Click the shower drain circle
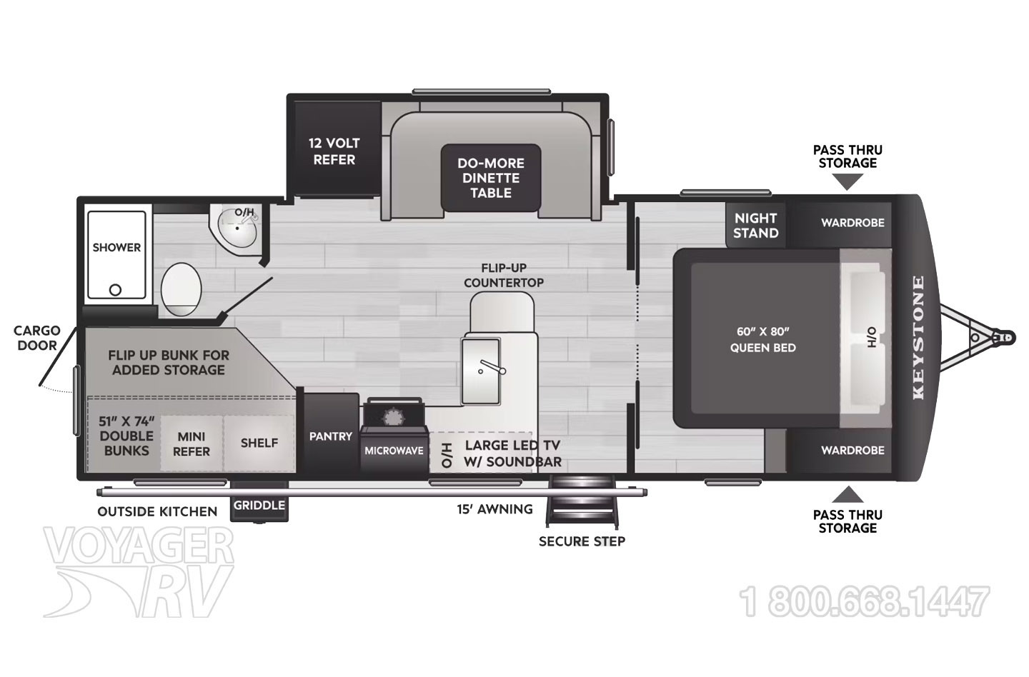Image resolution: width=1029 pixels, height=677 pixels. point(115,290)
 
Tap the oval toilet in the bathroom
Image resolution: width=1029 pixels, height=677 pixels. point(181,289)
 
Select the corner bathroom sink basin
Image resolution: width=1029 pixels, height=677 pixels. point(238,228)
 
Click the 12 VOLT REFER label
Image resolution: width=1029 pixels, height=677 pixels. point(334,151)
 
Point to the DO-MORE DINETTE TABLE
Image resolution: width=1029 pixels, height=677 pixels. point(491,178)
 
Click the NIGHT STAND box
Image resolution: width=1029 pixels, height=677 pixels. point(756,226)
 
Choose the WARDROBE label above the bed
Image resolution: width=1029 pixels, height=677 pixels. point(852,223)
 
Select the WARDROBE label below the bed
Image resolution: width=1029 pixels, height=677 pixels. point(852,451)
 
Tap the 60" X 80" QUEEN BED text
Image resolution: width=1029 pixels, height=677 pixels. point(763,340)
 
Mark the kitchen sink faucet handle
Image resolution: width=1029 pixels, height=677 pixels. point(493,366)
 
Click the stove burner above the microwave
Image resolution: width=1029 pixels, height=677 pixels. point(393,418)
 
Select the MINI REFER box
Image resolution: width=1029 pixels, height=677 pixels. point(192,443)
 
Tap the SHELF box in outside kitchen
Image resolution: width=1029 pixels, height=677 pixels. point(259,443)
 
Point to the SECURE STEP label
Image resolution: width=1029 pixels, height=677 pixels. point(582,541)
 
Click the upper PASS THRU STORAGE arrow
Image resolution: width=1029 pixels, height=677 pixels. point(847,184)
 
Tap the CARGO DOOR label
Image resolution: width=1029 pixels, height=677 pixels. point(36,338)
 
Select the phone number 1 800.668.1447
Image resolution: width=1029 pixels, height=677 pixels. point(865,602)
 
